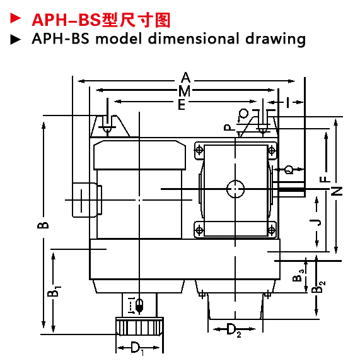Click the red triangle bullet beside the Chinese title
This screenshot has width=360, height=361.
click(x=15, y=18)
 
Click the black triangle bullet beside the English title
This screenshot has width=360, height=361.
click(x=15, y=39)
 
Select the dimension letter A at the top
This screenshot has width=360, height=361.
click(x=185, y=78)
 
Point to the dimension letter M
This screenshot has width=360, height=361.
click(x=185, y=91)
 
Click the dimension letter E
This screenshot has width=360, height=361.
click(x=182, y=105)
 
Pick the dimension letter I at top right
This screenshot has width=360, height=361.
click(x=287, y=102)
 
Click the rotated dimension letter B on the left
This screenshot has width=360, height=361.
click(x=43, y=225)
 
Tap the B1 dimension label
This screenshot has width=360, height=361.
click(x=54, y=292)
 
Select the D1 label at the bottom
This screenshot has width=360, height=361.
click(x=137, y=348)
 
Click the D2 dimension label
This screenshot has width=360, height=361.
click(x=233, y=329)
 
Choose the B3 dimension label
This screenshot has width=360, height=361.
click(x=298, y=276)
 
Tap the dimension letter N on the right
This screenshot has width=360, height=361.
click(x=337, y=191)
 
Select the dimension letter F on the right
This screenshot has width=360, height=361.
click(x=325, y=179)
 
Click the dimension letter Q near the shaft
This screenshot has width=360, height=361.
click(x=289, y=170)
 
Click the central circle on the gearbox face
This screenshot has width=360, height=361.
click(x=235, y=189)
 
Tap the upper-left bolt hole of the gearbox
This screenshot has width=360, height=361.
click(x=199, y=150)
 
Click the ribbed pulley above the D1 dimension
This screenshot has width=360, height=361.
click(x=139, y=326)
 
